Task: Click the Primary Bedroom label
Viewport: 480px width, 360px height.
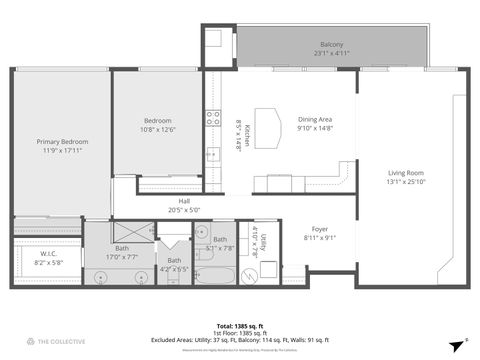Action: [61, 142]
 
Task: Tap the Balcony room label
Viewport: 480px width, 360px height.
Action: [332, 45]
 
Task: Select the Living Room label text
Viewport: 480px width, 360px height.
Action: [406, 173]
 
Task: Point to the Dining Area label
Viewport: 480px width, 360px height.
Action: [315, 120]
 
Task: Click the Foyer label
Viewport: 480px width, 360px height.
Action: [320, 229]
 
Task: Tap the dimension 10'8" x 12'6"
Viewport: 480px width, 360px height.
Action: [158, 129]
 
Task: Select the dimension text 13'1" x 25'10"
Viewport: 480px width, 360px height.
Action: [406, 182]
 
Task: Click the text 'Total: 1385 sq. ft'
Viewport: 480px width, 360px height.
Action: [240, 327]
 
